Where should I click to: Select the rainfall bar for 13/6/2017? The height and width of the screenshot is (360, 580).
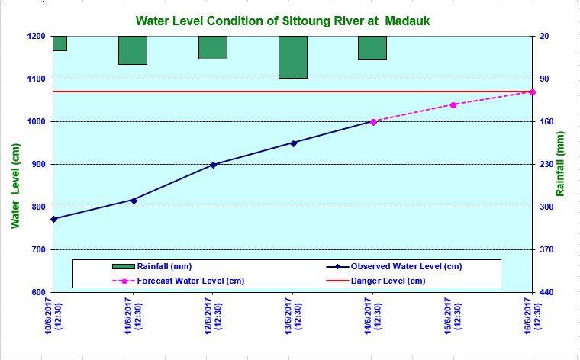coord(292,57)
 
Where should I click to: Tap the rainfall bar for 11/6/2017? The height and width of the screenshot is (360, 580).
coord(133,50)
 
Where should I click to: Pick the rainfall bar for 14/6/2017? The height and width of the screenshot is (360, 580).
coord(372,48)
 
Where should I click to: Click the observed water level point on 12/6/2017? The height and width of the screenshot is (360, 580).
coord(213,165)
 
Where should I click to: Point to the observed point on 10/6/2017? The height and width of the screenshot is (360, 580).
coord(53,219)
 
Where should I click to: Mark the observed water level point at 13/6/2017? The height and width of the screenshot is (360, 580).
coord(293,143)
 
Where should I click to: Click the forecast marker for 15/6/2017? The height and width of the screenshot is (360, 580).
coord(453,104)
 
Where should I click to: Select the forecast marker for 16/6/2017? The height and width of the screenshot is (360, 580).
coord(532,92)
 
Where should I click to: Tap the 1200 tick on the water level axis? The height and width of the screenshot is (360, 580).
coord(36,36)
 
